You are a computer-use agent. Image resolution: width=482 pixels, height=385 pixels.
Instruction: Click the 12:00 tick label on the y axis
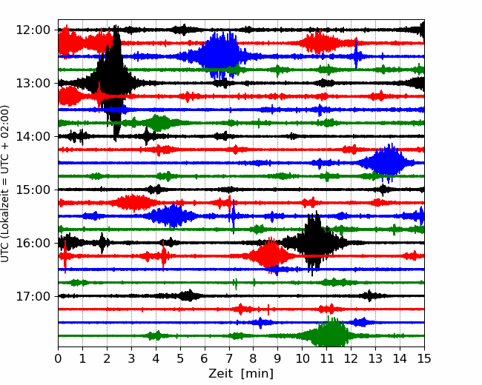(33, 30)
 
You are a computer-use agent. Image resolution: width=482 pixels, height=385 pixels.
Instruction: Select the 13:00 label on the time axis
(33, 83)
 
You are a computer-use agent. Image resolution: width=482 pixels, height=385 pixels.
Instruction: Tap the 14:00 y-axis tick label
(33, 136)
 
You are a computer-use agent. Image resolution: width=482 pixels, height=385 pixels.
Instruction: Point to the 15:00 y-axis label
(33, 190)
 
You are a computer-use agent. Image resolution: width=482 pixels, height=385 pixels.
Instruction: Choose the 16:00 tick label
(33, 243)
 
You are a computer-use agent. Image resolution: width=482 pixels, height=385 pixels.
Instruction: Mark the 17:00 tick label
(33, 296)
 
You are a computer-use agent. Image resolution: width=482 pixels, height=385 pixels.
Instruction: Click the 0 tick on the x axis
(58, 358)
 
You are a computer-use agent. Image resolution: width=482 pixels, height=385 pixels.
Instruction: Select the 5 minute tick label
(180, 358)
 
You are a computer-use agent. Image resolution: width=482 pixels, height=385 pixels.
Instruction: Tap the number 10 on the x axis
(302, 358)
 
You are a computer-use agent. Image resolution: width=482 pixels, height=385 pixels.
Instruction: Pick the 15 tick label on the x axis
(424, 358)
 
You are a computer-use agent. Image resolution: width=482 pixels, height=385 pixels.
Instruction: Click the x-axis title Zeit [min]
(241, 374)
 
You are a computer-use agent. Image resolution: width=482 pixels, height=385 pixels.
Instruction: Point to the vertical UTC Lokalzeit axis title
(5, 184)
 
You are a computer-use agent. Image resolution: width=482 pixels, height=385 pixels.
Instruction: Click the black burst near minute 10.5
(314, 243)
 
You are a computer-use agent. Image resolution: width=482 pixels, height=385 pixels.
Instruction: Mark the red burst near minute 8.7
(270, 255)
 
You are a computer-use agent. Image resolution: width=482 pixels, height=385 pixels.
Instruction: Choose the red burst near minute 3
(133, 203)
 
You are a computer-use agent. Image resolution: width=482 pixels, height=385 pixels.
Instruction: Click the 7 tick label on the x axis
(229, 358)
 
